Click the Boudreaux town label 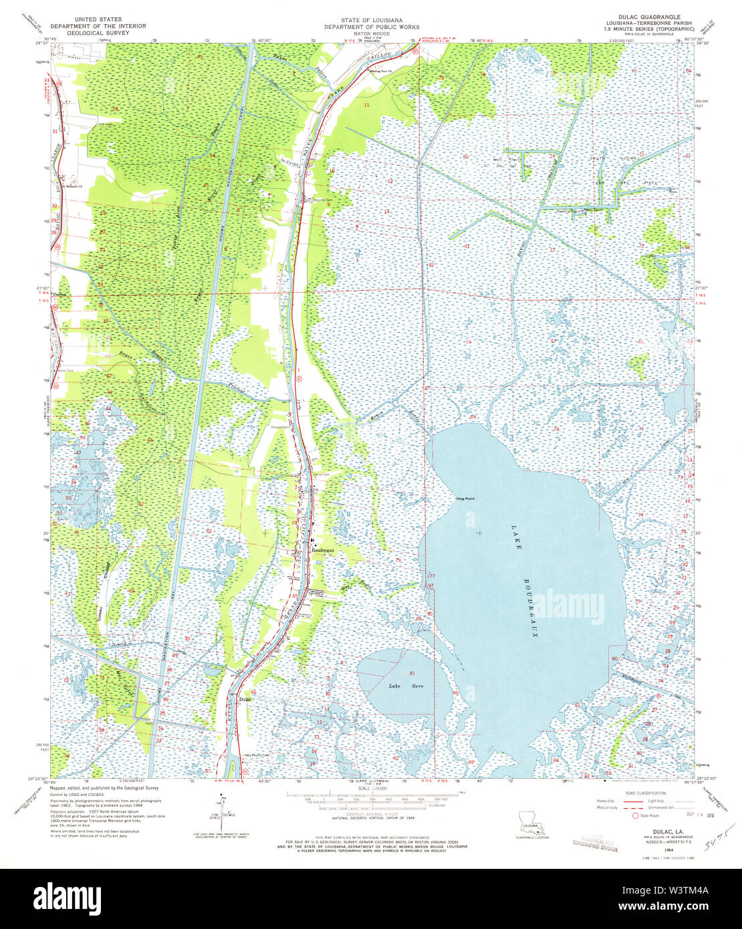point(324,550)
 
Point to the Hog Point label point(465,499)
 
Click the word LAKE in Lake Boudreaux point(516,537)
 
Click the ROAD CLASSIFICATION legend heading point(645,793)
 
